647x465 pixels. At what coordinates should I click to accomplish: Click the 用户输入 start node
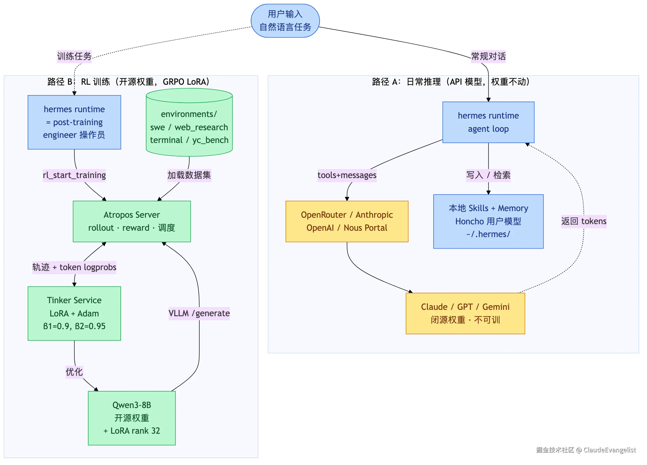point(285,21)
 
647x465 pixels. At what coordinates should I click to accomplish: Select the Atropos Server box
point(132,221)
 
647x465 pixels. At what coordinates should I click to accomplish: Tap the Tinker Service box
point(74,313)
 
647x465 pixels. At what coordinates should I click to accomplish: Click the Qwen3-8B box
point(132,418)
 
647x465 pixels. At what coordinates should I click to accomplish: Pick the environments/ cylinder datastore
point(189,122)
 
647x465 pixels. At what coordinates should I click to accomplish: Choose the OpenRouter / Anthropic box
point(347,221)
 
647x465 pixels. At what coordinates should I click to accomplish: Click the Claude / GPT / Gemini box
point(465,313)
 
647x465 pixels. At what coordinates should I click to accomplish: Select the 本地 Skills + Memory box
point(488,221)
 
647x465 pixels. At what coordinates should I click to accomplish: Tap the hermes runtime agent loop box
point(488,122)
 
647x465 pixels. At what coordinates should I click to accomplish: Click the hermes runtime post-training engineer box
point(74,122)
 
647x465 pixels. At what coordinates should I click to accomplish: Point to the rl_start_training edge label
point(74,175)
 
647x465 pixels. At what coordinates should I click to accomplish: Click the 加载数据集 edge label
point(189,175)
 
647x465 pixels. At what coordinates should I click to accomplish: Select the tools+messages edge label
point(347,175)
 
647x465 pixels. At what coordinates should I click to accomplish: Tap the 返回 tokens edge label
point(584,221)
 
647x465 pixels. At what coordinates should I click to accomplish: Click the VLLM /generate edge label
point(199,313)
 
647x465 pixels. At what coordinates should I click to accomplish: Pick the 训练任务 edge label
point(74,56)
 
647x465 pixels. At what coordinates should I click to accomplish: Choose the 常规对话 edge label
point(488,56)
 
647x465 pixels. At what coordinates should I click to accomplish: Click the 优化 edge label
point(74,372)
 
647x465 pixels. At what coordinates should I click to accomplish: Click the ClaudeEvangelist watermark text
point(610,450)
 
